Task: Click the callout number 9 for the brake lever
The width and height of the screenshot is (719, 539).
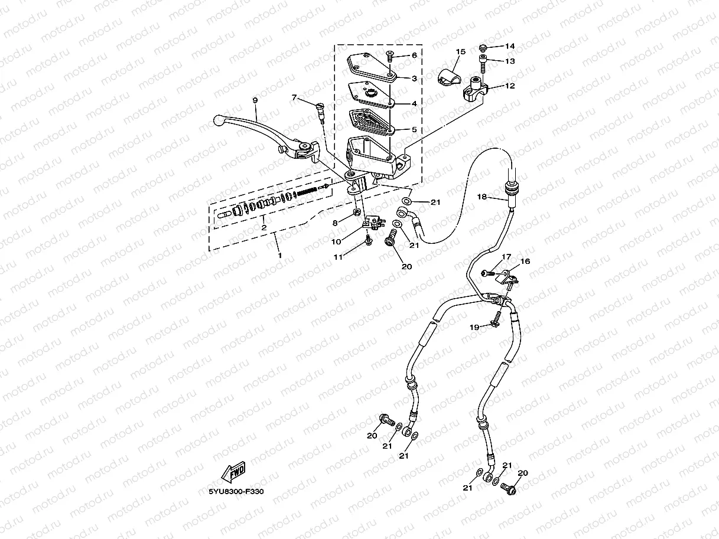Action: [255, 100]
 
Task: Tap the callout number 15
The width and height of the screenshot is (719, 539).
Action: [461, 52]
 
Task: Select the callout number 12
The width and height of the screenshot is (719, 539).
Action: [510, 86]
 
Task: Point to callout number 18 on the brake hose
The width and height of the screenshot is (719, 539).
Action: [482, 197]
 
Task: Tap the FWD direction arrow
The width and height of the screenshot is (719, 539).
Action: [232, 473]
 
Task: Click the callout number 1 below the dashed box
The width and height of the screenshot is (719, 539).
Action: [279, 255]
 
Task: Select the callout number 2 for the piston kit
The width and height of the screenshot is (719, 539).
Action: [264, 227]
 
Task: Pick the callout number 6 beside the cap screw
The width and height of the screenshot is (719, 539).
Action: [414, 55]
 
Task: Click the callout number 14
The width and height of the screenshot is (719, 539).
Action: [510, 46]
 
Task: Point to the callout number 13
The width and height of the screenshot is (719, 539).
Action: [510, 61]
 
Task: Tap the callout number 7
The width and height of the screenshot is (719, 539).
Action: [294, 97]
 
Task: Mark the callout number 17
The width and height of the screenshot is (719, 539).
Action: [506, 257]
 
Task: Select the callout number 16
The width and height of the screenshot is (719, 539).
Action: [525, 261]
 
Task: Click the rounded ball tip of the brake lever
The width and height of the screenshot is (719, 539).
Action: [218, 121]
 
